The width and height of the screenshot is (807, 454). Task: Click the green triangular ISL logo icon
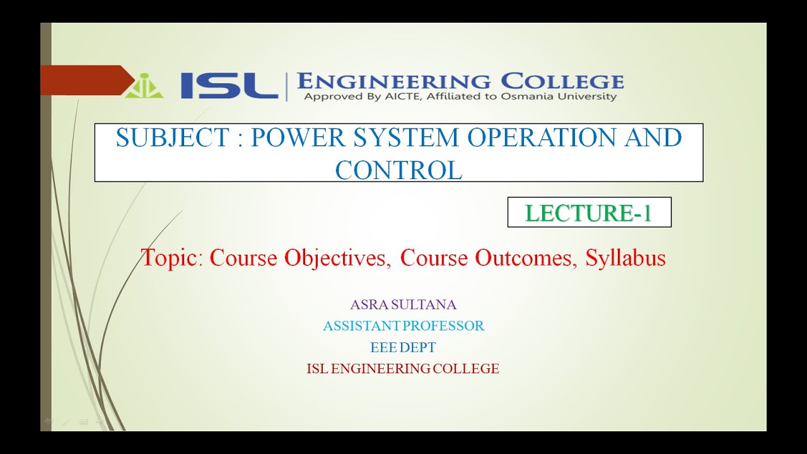click(144, 86)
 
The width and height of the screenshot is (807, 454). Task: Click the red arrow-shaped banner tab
click(86, 80)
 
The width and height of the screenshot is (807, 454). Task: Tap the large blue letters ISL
click(229, 85)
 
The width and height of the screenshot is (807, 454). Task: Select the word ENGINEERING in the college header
click(393, 81)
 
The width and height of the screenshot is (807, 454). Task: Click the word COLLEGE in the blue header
click(562, 81)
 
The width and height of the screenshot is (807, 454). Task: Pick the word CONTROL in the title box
click(398, 170)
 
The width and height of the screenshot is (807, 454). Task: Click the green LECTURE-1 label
click(589, 213)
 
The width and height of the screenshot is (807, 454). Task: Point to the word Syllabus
click(625, 258)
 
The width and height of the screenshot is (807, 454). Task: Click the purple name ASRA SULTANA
click(403, 305)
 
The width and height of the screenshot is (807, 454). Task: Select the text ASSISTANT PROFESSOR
click(403, 326)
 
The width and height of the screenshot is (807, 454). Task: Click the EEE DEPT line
click(403, 347)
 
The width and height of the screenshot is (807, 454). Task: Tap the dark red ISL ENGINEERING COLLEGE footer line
click(403, 369)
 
